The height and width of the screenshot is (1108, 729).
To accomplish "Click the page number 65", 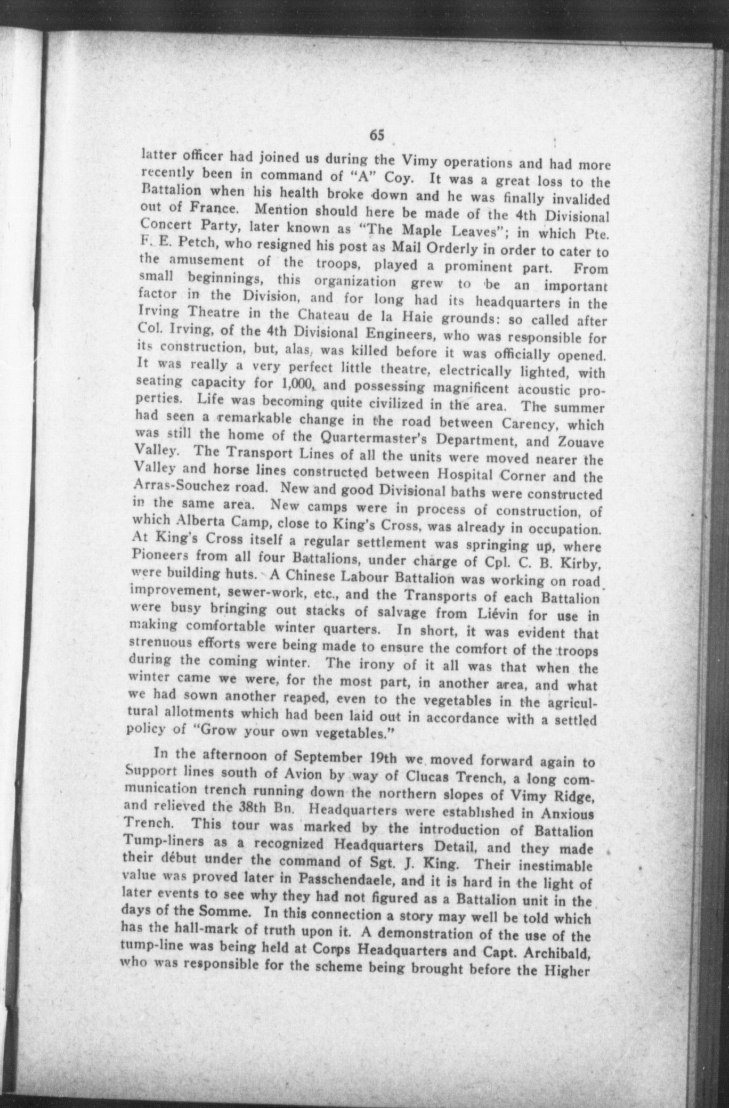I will tap(377, 135).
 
